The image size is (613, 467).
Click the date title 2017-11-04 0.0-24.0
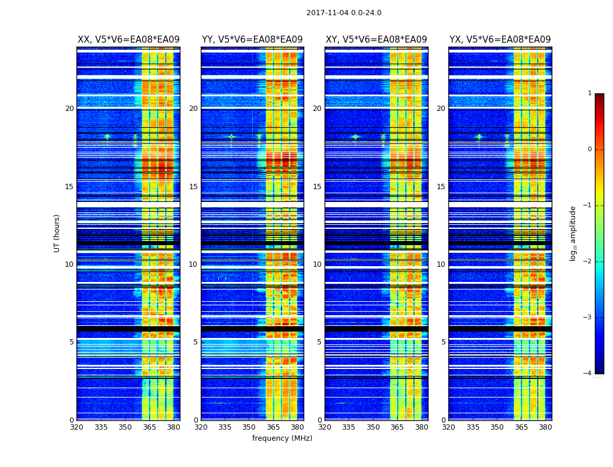[344, 13]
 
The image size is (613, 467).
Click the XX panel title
[128, 40]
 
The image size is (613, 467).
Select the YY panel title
[252, 40]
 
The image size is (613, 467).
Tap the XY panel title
[376, 40]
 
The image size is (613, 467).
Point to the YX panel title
[500, 40]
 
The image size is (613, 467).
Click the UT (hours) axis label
[57, 233]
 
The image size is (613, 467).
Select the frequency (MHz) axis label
[282, 438]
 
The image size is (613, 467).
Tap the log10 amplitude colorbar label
[573, 233]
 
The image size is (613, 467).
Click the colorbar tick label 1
[589, 93]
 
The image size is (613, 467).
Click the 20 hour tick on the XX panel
[69, 109]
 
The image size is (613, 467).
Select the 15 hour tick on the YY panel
[194, 187]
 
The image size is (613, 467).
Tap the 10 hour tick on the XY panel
[318, 264]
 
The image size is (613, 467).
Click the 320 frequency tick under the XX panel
[76, 427]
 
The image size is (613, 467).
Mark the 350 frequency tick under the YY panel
[249, 427]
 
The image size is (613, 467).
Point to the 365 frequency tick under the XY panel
[397, 427]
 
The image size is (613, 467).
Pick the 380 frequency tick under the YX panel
[545, 427]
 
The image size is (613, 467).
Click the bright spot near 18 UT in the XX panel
[107, 137]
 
